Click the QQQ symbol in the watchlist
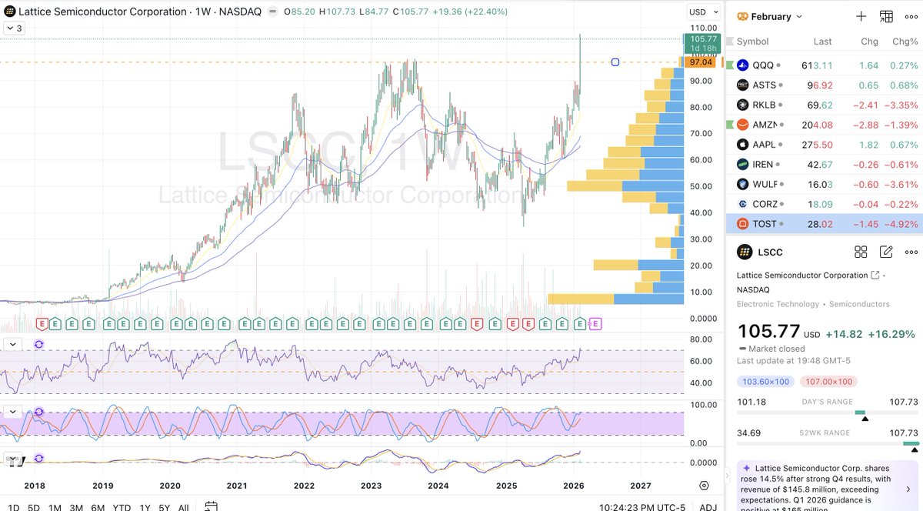point(763,65)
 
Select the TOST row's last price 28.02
point(816,224)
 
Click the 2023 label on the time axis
point(371,486)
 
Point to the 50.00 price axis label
point(700,186)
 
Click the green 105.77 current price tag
point(703,38)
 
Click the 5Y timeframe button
point(164,507)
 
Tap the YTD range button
point(121,507)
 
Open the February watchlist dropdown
point(770,16)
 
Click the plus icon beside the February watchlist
point(861,16)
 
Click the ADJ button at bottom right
point(708,507)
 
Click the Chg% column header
point(905,42)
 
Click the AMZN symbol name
point(765,125)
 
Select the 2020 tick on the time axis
point(170,486)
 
